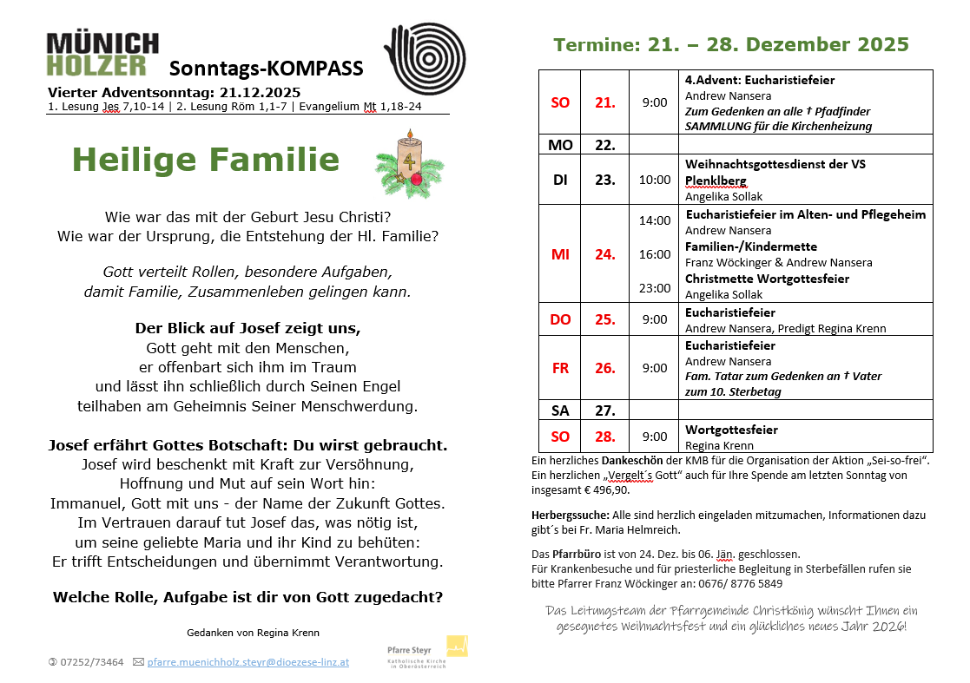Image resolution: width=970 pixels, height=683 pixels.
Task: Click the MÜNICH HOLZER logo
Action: pos(102,55)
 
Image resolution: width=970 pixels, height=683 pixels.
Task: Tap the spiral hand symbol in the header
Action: pos(426,54)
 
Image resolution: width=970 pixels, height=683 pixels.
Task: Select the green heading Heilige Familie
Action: pos(206,160)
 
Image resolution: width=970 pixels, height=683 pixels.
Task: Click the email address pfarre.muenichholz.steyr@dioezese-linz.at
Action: pos(247,661)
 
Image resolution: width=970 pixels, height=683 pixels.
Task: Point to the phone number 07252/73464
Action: pos(91,661)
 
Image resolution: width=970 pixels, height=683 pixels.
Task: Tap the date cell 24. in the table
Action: pos(604,254)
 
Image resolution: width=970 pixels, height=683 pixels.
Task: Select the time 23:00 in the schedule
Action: pos(655,288)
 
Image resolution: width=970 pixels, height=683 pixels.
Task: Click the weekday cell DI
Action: pos(560,180)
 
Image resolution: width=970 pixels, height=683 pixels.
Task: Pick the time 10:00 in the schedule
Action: pos(655,180)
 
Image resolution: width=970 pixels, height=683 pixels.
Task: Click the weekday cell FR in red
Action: pos(560,368)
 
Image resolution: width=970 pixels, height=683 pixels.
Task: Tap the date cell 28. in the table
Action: pos(604,437)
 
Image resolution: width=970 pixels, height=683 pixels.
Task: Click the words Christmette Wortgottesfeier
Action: pos(767,279)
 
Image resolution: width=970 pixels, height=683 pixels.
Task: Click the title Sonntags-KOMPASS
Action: pos(266,69)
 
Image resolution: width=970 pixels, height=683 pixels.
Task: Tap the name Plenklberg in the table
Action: pos(716,181)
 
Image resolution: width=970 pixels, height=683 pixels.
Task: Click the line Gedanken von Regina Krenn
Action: pos(253,633)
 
